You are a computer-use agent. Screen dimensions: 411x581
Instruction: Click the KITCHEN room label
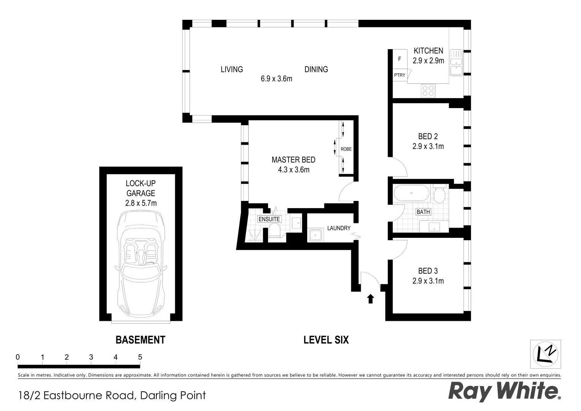[428, 51]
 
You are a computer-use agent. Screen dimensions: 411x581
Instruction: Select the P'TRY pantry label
[400, 75]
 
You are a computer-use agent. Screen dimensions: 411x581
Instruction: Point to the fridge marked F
[400, 59]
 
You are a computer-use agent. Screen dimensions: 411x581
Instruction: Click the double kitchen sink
[456, 63]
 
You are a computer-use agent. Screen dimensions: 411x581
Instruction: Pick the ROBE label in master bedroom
[346, 149]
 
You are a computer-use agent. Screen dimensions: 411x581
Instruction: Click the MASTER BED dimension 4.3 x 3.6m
[294, 170]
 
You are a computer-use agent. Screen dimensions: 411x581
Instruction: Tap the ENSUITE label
[269, 219]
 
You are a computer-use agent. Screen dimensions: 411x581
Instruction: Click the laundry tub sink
[315, 235]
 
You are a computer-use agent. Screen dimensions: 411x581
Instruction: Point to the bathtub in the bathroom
[411, 193]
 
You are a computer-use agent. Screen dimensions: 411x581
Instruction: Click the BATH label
[423, 212]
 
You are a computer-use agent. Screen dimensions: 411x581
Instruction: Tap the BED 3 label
[428, 271]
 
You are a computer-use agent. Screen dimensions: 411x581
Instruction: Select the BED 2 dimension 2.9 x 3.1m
[428, 146]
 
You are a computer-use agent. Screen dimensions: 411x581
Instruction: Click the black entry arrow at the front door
[370, 299]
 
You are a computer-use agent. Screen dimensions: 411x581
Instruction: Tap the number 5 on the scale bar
[140, 357]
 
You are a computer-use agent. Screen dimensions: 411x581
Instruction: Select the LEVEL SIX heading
[326, 339]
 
